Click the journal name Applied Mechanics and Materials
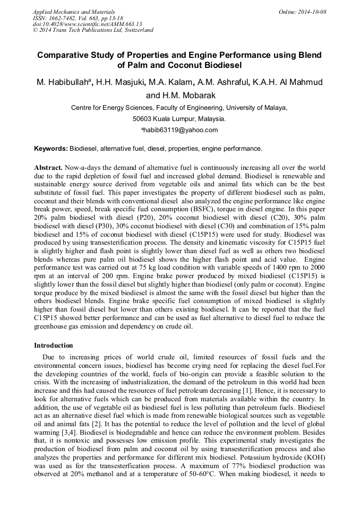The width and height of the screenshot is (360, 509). (x=74, y=12)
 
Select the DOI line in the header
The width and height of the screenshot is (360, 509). (x=88, y=24)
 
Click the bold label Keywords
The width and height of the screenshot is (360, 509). (x=51, y=149)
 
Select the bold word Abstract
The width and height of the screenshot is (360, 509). (x=48, y=167)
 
